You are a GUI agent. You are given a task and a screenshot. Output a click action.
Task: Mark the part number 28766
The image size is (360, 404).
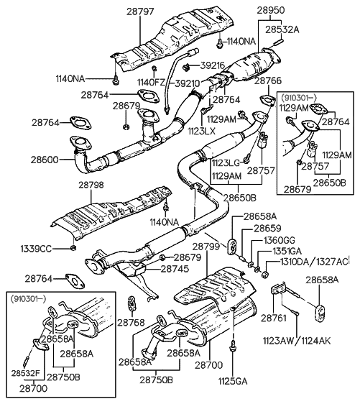(268, 82)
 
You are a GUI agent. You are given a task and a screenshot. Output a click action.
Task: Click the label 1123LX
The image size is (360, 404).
(200, 132)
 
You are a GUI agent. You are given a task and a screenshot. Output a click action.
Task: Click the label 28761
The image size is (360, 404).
(274, 317)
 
